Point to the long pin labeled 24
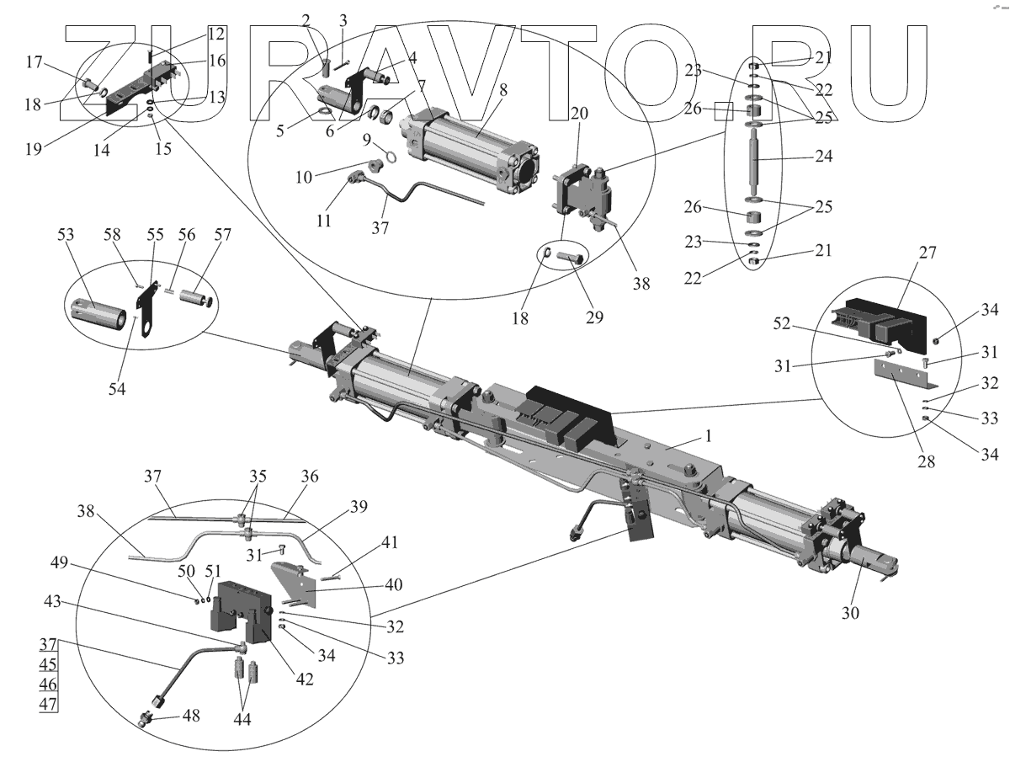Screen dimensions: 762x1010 click(754, 160)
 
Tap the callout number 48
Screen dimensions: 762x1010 click(191, 716)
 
